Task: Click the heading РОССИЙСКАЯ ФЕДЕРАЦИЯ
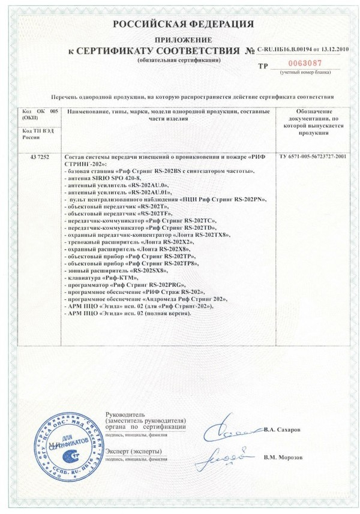tap(179, 24)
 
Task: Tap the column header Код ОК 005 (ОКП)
tap(39, 115)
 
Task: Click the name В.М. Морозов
tap(283, 457)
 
